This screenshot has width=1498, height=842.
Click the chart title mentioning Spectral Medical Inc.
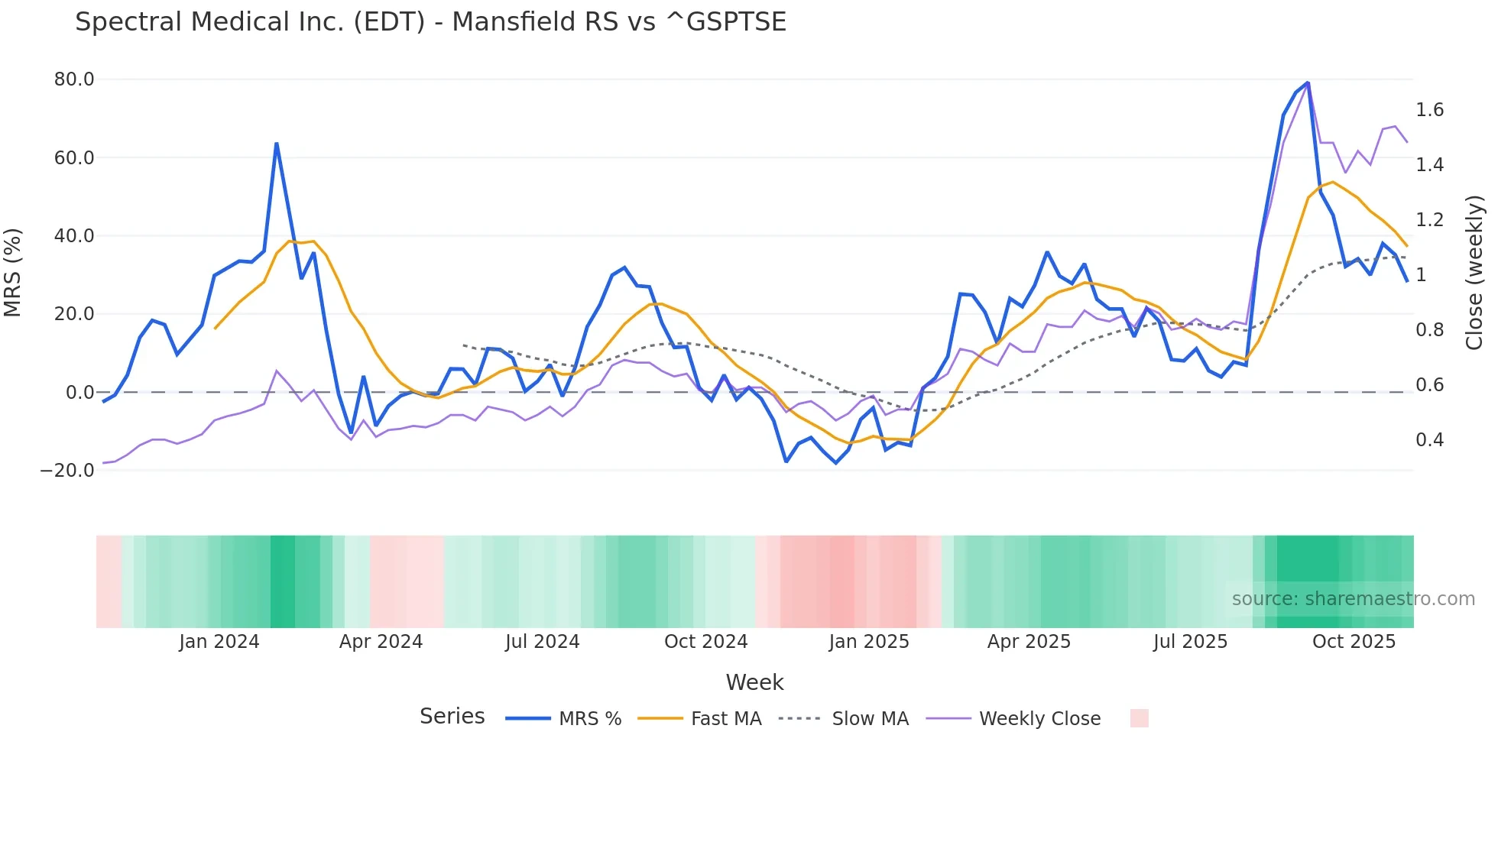coord(430,21)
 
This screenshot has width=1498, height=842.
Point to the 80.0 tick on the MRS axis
coord(74,79)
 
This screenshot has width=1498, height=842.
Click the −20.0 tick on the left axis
coord(67,471)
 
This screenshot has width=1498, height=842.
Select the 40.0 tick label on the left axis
coord(74,236)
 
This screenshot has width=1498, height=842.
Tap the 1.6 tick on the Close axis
coord(1429,110)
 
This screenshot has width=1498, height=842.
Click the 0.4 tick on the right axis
coord(1429,440)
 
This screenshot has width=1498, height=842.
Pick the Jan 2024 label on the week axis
coord(219,642)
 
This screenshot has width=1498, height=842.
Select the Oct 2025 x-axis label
coord(1354,642)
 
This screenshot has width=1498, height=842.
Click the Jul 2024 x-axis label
coord(543,642)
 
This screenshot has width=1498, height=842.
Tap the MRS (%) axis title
coord(13,273)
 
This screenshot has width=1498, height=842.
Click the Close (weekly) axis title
coord(1474,273)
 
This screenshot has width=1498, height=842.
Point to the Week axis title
coord(754,682)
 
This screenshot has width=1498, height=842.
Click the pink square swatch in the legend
coord(1139,718)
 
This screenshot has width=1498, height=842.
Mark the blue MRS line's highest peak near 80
coord(1308,83)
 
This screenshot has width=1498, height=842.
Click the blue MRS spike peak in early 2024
coord(276,144)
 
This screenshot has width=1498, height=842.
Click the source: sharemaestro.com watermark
coord(1353,599)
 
